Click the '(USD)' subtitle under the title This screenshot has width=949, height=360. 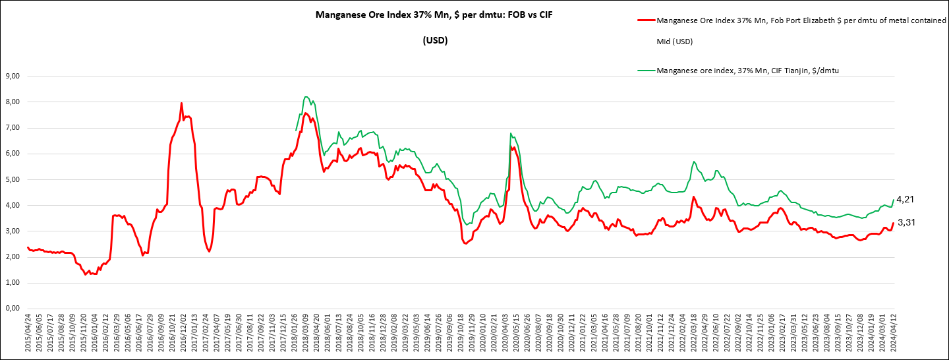pos(435,40)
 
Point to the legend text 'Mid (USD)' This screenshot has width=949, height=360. pos(675,42)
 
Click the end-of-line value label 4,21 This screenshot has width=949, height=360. pos(907,199)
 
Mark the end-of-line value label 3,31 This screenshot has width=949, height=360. pos(907,223)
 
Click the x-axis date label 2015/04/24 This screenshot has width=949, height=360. pos(28,334)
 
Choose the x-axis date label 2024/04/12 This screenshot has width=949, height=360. pos(894,334)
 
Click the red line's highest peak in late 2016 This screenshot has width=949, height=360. pos(181,103)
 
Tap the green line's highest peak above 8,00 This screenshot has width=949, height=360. pos(306,97)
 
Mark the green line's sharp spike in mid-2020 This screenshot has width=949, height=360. pos(511,133)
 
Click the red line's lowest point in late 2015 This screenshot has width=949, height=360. pos(86,274)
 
